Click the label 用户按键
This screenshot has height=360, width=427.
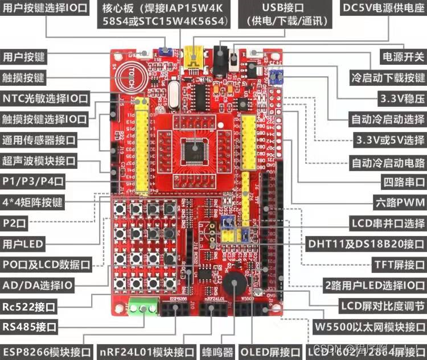click(24, 57)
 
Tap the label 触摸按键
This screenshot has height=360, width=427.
click(24, 77)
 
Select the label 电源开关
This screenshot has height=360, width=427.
click(403, 56)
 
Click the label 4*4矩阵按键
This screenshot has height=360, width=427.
click(32, 202)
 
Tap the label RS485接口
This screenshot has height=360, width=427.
click(30, 327)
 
